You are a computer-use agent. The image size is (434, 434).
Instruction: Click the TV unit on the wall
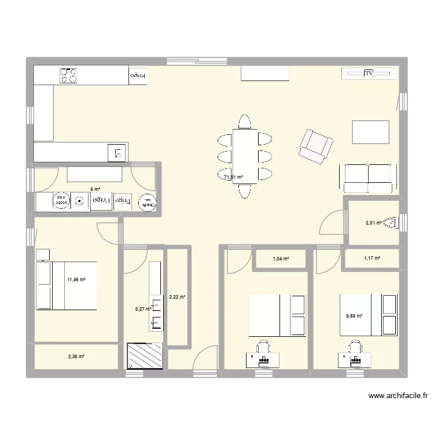tap(369, 73)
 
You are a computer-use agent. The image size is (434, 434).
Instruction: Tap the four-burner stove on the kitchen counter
tap(69, 75)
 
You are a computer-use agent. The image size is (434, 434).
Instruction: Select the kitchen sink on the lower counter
tap(117, 153)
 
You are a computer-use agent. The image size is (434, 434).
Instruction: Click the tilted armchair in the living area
tap(315, 145)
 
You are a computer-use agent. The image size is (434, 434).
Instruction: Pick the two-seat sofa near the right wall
tap(368, 178)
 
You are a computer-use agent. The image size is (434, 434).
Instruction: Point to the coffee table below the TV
tap(370, 132)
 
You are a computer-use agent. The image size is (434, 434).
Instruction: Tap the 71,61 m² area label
tap(233, 178)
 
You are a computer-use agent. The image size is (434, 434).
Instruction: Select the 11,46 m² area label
tap(76, 280)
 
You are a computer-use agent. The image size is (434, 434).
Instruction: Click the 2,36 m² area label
tap(76, 356)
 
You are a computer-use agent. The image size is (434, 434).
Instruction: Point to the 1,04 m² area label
tap(281, 259)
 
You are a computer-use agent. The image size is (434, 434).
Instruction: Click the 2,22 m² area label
tap(176, 297)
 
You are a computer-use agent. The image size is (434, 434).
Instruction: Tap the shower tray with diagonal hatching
tap(145, 356)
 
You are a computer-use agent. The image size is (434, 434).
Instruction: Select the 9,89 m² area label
tap(354, 316)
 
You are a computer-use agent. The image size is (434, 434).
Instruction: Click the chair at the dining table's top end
tap(244, 122)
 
